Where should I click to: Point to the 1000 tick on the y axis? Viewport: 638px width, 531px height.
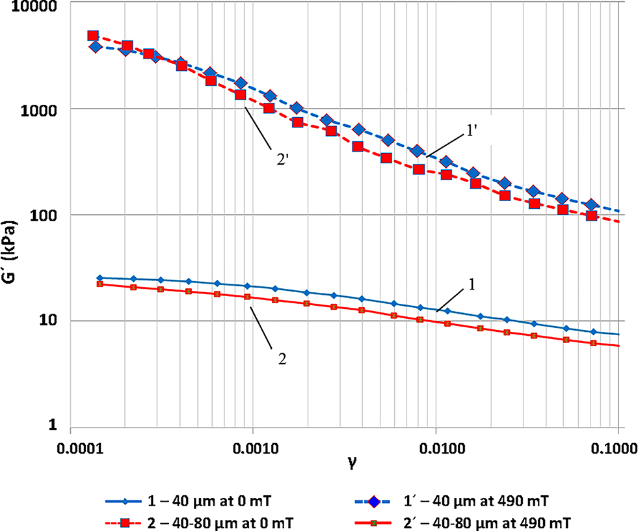point(38,109)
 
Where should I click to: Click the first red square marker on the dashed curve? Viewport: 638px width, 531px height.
point(93,36)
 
